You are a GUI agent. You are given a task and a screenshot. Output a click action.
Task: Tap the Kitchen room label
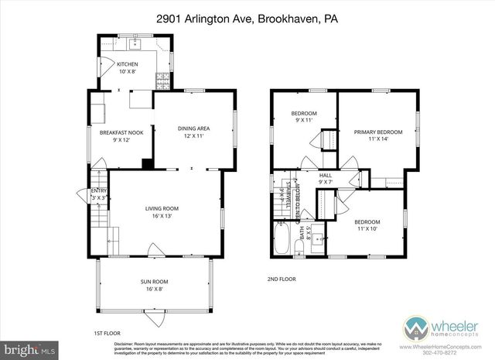click(127, 67)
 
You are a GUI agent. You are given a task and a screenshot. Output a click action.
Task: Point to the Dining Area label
click(193, 132)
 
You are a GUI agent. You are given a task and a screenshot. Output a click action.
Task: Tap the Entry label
click(100, 194)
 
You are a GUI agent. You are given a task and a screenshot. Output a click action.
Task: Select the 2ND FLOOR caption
click(281, 279)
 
